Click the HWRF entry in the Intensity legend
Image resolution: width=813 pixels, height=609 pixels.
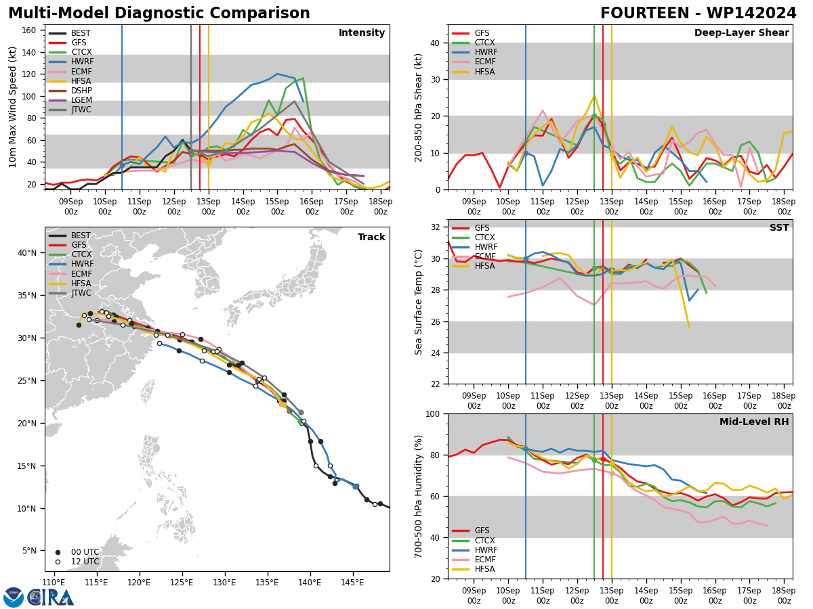(x=70, y=62)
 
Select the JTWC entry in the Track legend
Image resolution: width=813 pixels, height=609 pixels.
(x=70, y=293)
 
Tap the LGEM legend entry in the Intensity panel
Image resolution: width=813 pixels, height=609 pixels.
(x=70, y=100)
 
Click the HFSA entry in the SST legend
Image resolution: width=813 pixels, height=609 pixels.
(x=474, y=266)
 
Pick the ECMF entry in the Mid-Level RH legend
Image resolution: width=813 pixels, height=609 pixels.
(x=474, y=560)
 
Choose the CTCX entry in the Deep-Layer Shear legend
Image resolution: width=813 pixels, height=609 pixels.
(x=474, y=43)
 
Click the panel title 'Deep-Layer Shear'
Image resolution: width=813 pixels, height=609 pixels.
(x=741, y=32)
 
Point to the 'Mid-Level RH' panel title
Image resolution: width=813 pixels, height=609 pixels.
(x=754, y=422)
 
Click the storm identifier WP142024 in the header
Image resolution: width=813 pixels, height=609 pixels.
(x=751, y=13)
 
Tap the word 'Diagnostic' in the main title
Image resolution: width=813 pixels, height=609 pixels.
(x=160, y=14)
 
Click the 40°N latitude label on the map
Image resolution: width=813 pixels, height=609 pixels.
(x=27, y=253)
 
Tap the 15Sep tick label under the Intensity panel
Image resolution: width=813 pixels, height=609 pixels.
(x=277, y=206)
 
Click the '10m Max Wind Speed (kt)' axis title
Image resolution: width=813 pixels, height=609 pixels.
(x=12, y=107)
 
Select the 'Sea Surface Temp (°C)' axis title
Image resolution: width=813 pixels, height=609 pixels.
(x=418, y=302)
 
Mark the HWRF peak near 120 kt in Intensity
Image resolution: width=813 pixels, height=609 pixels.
(x=277, y=74)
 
